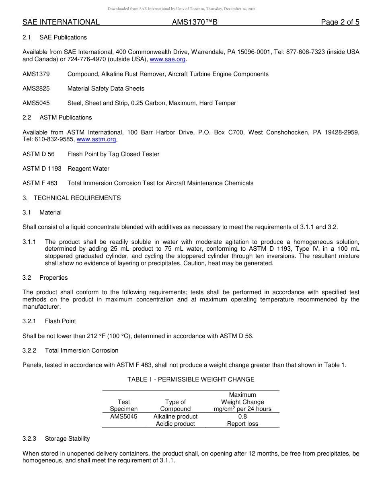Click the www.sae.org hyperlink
tap(168, 60)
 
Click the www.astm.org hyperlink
tap(96, 140)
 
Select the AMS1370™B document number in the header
tap(195, 22)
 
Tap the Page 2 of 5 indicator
tap(340, 22)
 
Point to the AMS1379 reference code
tap(36, 74)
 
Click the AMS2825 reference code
tap(36, 89)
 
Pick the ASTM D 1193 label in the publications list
tap(42, 169)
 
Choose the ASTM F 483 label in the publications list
tap(40, 183)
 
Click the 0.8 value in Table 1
tap(242, 417)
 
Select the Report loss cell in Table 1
tap(242, 424)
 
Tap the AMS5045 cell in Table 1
tap(123, 417)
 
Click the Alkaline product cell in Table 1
tap(175, 417)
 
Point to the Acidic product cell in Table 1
tap(175, 424)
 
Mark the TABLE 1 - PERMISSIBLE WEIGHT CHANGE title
tap(191, 379)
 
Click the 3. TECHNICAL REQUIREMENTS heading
tap(77, 198)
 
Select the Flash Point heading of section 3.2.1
tap(60, 321)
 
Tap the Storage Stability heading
tap(67, 439)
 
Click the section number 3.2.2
tap(29, 351)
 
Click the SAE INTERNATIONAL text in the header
tap(61, 22)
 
